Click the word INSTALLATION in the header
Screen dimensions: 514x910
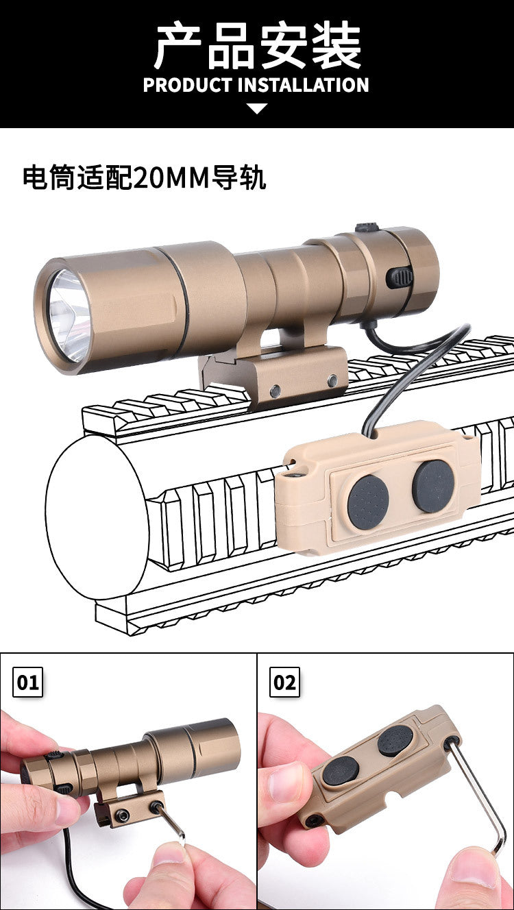[303, 85]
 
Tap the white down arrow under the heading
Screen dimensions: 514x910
[257, 108]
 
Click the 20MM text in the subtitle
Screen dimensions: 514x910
[171, 178]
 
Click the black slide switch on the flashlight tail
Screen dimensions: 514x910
[401, 278]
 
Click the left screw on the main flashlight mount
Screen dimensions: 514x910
[275, 391]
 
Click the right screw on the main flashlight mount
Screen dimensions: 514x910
[333, 380]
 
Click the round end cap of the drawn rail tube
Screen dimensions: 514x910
[97, 517]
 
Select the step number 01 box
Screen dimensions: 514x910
[27, 682]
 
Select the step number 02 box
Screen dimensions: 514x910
[284, 682]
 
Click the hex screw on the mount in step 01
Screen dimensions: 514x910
[122, 813]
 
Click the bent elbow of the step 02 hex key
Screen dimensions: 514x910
[498, 844]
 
